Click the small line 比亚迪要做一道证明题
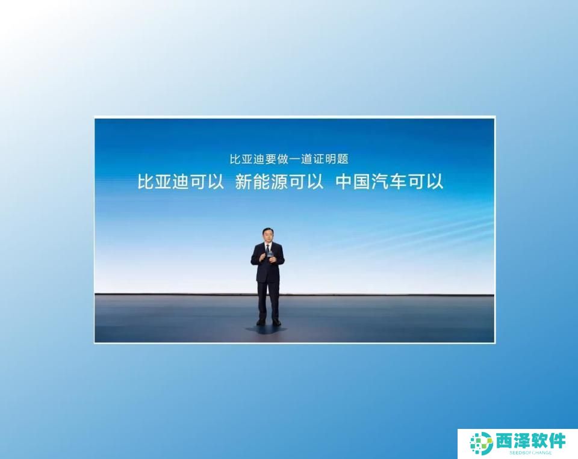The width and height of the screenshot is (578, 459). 289,159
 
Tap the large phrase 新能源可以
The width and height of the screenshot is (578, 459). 279,181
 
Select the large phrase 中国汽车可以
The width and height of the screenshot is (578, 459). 390,181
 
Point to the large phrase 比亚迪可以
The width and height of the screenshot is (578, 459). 181,181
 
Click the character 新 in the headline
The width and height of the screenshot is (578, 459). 244,181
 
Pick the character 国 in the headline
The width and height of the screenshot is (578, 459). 362,181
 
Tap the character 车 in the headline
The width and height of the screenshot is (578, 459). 398,181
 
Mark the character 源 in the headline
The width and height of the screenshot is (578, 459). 279,181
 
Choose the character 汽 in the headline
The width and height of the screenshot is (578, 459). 380,181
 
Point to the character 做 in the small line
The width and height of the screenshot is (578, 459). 283,159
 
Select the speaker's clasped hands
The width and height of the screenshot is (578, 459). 268,258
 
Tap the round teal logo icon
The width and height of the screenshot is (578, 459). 482,443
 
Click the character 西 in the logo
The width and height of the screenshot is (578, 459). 505,441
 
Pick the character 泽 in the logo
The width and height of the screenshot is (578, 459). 522,441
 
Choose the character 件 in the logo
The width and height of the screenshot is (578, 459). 557,441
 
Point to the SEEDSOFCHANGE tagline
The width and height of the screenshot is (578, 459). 531,452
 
